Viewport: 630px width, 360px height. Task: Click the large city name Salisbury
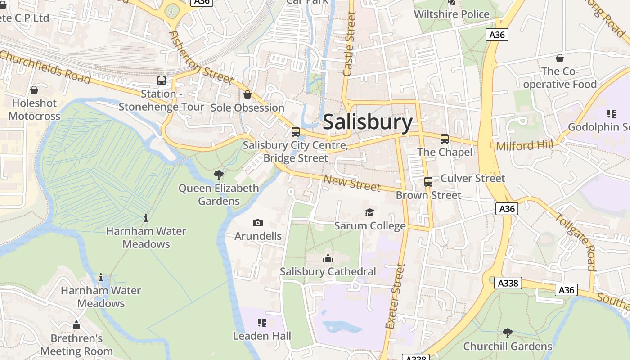[368, 122]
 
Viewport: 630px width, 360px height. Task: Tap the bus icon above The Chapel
[445, 139]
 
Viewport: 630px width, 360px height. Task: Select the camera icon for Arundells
[258, 223]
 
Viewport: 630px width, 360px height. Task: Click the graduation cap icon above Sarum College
[369, 212]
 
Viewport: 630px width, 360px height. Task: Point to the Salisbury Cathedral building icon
[328, 258]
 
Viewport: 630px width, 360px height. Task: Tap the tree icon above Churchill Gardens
[508, 333]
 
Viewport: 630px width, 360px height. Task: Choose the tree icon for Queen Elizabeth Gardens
[219, 175]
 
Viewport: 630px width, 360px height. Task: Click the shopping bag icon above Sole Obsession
[247, 94]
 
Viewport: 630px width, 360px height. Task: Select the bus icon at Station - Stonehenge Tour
[161, 81]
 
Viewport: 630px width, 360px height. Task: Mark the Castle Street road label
[349, 44]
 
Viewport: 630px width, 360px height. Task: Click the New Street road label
[352, 183]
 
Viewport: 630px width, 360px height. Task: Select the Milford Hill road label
[525, 145]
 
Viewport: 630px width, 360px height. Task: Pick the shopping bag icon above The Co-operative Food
[560, 58]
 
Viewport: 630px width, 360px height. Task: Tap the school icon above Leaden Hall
[262, 322]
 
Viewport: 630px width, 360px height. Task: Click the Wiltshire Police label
[451, 14]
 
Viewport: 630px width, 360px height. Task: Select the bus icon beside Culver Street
[428, 182]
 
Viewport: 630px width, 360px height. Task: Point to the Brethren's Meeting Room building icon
[76, 325]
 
